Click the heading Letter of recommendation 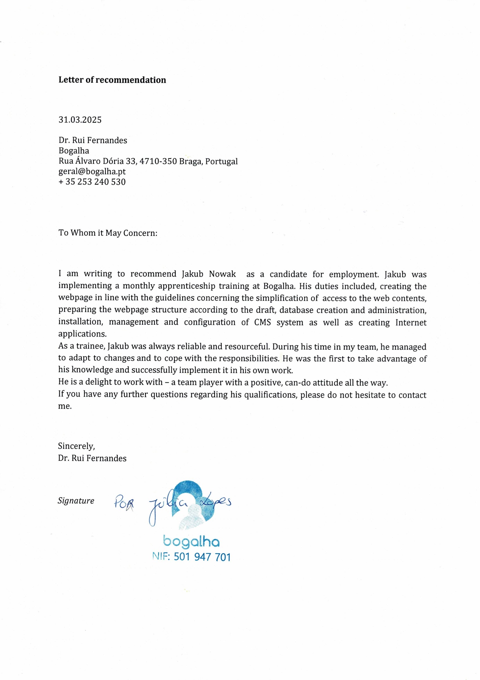click(112, 80)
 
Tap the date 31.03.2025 click(80, 120)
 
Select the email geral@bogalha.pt click(92, 172)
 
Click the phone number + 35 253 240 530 click(92, 182)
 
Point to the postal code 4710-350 click(158, 161)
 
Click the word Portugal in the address click(221, 161)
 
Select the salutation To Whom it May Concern click(108, 233)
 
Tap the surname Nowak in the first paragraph click(222, 274)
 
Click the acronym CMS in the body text click(262, 323)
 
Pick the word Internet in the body click(411, 323)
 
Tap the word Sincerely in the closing click(76, 446)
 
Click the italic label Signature click(76, 501)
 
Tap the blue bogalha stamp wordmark click(191, 542)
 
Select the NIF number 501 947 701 click(202, 557)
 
